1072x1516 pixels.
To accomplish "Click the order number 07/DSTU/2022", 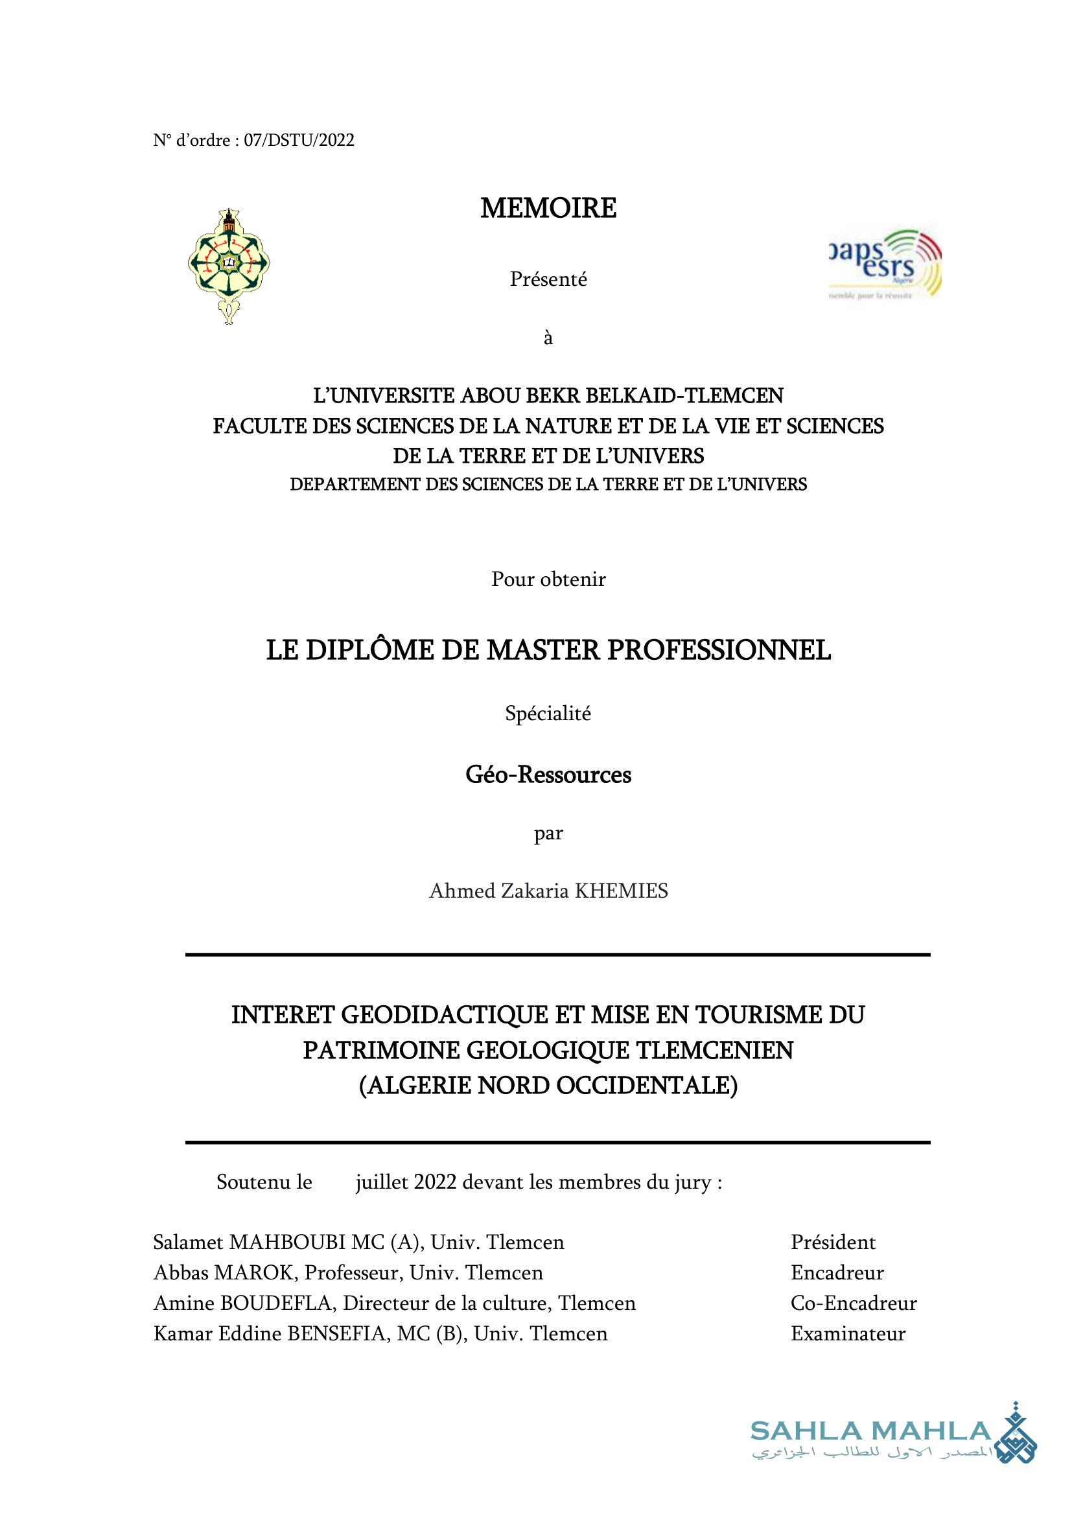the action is pos(299,140).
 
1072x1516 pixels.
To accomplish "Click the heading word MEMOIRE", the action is pos(548,208).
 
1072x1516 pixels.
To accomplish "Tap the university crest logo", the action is pos(228,266).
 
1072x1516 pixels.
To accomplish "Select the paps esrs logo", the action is pos(885,264).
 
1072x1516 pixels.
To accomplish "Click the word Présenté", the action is pos(548,279).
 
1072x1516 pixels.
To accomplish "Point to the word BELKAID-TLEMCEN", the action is pos(684,395).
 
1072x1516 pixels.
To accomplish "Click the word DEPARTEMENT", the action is pos(356,484).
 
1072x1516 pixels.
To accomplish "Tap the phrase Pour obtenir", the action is pos(548,579).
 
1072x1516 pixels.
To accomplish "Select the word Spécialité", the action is pos(548,713).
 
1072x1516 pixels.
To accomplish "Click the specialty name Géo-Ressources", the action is pos(548,775).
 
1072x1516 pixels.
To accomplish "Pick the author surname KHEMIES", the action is pos(621,891).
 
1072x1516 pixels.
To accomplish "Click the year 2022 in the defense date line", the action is pos(435,1182).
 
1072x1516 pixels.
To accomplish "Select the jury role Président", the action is pos(833,1242).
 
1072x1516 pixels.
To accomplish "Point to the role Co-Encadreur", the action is pos(854,1303).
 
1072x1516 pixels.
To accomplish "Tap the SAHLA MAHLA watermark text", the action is pos(870,1431).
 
